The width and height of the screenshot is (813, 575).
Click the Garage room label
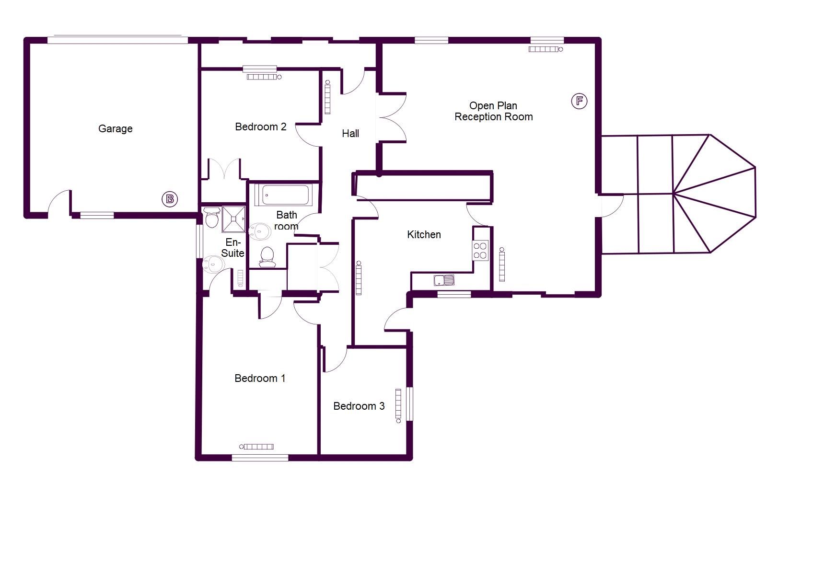(115, 128)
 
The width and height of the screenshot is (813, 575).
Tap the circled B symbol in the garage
(170, 199)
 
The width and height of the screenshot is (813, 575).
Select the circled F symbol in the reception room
(579, 101)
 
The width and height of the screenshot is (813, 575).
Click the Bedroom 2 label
(260, 126)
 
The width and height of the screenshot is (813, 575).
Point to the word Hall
(350, 133)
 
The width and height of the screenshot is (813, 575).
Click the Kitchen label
(424, 234)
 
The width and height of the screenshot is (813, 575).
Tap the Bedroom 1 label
(260, 378)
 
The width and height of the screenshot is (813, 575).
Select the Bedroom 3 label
(359, 406)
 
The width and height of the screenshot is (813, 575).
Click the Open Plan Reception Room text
(493, 111)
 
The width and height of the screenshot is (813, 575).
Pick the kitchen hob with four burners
(480, 250)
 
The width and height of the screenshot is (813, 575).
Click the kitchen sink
(444, 280)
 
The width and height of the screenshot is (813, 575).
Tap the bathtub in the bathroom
(283, 195)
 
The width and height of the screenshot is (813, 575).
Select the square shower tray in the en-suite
(234, 219)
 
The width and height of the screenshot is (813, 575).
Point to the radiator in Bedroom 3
(398, 405)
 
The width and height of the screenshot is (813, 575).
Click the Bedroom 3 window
(409, 403)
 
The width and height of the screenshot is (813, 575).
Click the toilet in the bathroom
(267, 257)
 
